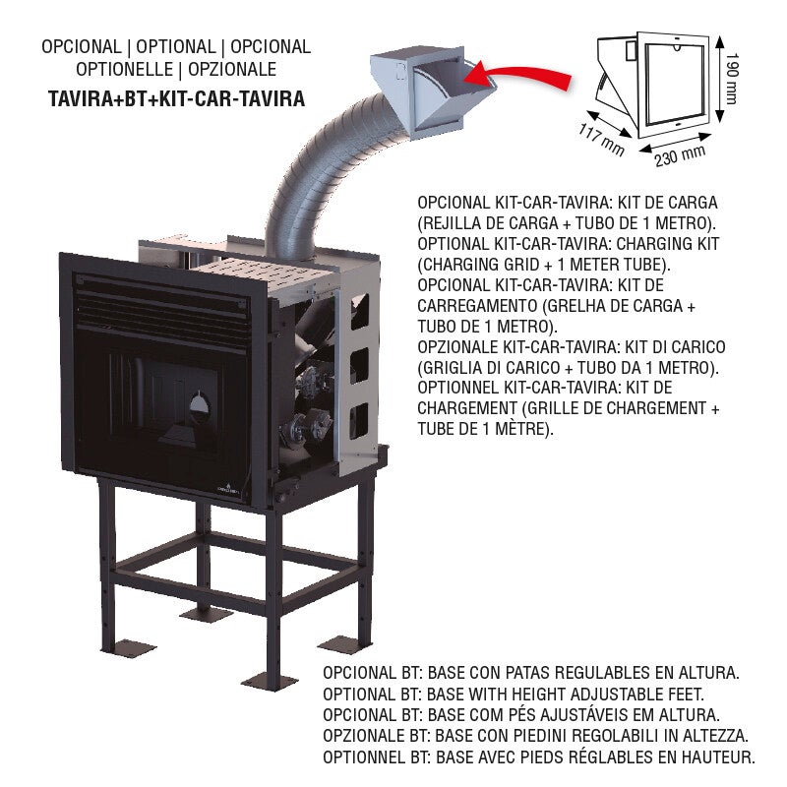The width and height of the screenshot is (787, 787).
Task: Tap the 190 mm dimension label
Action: tap(732, 79)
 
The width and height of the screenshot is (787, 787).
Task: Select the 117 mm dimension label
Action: tap(601, 140)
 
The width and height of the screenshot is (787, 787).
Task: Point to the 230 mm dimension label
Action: tap(680, 155)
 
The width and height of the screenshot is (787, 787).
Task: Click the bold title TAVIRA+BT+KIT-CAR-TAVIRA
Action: tap(177, 98)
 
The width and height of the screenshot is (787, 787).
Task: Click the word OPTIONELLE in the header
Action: tap(125, 69)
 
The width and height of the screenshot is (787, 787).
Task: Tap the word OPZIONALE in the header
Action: tap(232, 69)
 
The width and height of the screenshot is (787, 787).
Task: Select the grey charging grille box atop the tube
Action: tap(432, 91)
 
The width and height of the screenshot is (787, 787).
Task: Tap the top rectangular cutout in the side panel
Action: tap(359, 312)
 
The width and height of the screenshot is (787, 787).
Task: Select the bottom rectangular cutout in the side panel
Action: tap(359, 420)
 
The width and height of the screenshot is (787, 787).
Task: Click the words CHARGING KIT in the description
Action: tap(668, 244)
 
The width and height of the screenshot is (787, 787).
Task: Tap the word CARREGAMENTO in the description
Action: tap(476, 306)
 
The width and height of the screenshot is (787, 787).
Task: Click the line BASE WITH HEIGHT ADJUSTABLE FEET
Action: tap(566, 695)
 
